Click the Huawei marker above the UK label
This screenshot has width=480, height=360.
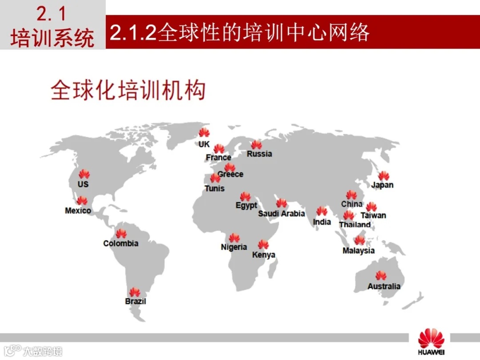coord(204,132)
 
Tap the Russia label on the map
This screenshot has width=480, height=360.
coord(260,154)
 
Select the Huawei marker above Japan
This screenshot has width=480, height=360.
coord(384,176)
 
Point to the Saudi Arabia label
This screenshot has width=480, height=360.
coord(282,214)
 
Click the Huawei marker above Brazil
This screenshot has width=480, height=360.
coord(135,292)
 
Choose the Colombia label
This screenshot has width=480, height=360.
coord(121,244)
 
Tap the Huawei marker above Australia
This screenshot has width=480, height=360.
coord(381,276)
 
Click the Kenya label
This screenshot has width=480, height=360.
coord(264,255)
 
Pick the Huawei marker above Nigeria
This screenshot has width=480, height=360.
coord(234,238)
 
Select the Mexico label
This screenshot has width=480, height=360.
coord(78,211)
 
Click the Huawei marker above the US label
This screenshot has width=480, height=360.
coord(84,174)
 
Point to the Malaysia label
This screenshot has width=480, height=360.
coord(359,251)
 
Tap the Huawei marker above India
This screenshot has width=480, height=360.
coord(322,211)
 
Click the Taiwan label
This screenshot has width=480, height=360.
coord(373,216)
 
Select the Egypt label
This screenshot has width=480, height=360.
coord(246,206)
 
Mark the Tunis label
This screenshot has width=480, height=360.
coord(215,188)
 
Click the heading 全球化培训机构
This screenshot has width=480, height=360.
coord(128,90)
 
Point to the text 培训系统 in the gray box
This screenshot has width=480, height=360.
coord(52,38)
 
